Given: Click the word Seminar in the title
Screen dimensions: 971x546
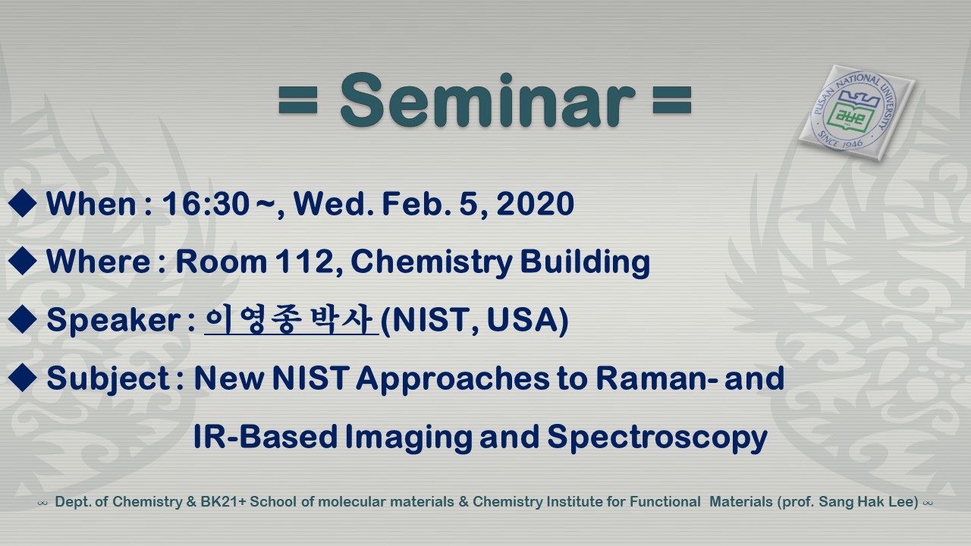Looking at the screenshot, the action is point(487,101).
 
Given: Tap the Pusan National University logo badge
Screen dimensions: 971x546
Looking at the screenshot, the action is point(857,112).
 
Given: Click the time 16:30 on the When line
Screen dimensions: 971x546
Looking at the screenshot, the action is point(206,203).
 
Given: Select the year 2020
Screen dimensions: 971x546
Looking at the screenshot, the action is point(535,203).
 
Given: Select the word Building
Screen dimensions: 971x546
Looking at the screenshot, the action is point(585,262).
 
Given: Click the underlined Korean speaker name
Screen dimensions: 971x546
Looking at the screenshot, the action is point(292,320).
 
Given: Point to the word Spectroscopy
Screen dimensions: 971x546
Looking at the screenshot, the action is point(657,438).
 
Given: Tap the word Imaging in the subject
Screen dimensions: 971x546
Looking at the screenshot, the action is point(409,438).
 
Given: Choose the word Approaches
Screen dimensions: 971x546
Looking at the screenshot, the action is point(453,379).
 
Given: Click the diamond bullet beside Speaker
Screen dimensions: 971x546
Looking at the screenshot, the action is point(22,319).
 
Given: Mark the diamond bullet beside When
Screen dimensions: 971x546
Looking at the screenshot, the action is point(22,202).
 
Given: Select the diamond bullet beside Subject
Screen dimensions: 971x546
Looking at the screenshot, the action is point(22,378).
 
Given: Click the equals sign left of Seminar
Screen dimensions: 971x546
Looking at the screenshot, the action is point(298,99).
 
